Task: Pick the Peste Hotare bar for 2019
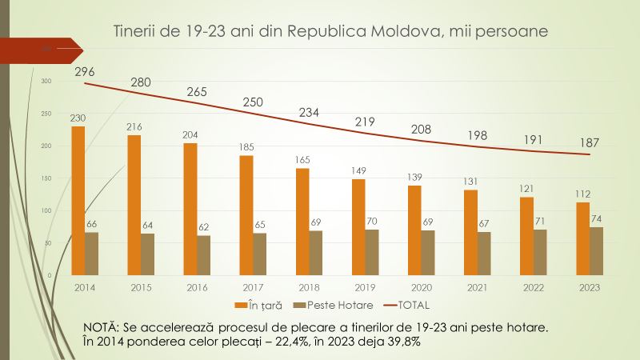point(372,252)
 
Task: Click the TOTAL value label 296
point(86,72)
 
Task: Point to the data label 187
point(589,142)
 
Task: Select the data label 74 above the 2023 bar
point(597,219)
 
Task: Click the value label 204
point(190,135)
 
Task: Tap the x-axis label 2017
point(253,286)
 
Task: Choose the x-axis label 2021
point(478,286)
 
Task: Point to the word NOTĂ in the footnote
point(101,327)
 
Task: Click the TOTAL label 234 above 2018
point(309,113)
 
